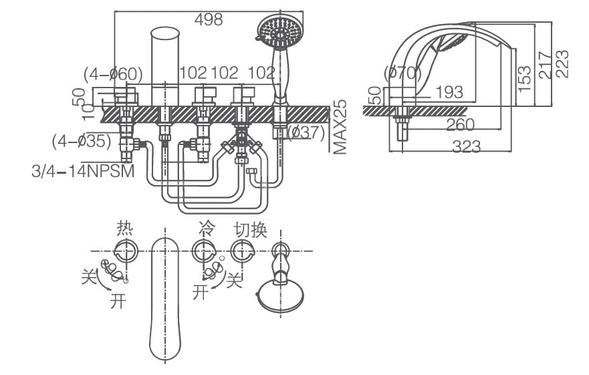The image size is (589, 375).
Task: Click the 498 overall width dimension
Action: coord(208,20)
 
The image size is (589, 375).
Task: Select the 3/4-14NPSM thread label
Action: coord(83,171)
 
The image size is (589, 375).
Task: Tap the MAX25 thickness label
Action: coord(341,127)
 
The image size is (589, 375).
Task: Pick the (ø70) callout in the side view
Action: coord(403,73)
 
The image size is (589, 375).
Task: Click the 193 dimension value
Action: coord(449,92)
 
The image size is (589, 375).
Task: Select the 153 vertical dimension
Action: coord(525,78)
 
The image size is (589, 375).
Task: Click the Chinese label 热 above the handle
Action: coord(125,229)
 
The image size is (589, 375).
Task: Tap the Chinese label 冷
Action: coord(206,229)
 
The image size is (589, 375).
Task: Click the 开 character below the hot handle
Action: coord(118,302)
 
